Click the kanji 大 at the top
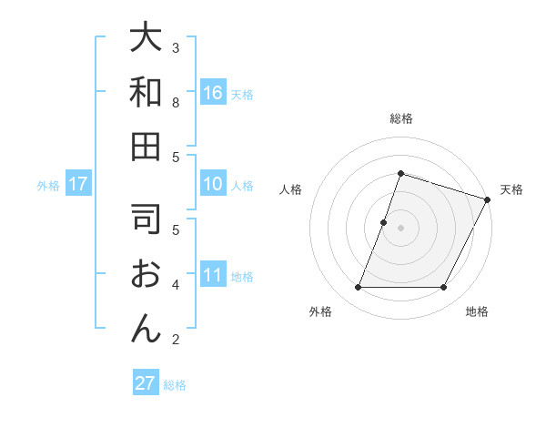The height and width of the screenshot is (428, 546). point(146,38)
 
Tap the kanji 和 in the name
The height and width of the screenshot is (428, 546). point(146,93)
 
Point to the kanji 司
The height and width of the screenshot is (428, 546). point(146,219)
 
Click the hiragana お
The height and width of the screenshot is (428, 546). point(146,274)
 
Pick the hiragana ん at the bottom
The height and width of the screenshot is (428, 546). point(146,329)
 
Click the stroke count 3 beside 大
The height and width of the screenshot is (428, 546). point(176,47)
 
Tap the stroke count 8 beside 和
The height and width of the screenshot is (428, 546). point(176,102)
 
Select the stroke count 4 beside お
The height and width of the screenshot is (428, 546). point(176,284)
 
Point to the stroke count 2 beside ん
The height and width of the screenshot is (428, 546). point(176,340)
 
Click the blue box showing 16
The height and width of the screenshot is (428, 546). point(213,92)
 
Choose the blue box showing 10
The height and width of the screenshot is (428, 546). point(213,184)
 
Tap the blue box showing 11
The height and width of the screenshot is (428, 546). point(213,275)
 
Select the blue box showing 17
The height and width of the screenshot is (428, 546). point(78,184)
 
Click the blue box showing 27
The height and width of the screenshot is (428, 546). point(145,383)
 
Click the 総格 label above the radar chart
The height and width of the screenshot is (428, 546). point(401,118)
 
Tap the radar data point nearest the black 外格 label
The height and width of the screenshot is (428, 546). point(358,288)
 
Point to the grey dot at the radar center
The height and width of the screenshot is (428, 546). point(400,228)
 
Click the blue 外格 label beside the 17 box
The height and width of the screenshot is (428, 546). point(48,186)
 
